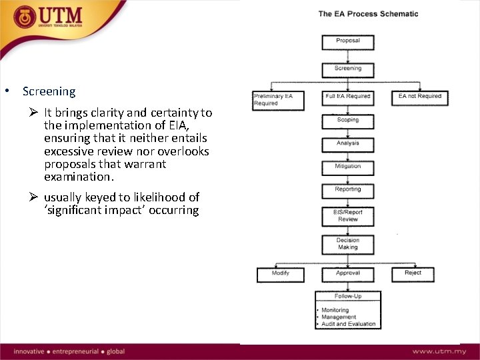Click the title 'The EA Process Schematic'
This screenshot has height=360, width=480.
click(x=368, y=13)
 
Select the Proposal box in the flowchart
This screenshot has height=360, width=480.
click(x=348, y=41)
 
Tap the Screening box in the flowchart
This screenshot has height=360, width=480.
click(x=348, y=69)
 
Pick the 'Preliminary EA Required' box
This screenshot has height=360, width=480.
click(x=277, y=99)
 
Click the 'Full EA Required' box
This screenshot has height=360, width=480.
click(x=348, y=97)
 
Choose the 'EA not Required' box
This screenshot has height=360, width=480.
click(x=420, y=97)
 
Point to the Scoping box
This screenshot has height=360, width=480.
click(x=348, y=121)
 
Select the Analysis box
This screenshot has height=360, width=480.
click(x=348, y=143)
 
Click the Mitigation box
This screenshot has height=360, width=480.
click(x=348, y=167)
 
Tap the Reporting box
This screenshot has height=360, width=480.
click(x=348, y=191)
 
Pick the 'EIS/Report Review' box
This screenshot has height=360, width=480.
click(x=348, y=216)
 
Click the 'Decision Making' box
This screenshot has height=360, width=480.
click(x=348, y=244)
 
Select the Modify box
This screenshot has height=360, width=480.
click(x=281, y=273)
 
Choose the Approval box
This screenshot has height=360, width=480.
click(x=348, y=273)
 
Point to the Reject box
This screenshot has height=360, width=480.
click(x=413, y=273)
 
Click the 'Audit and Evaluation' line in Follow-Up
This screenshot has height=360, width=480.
click(x=348, y=324)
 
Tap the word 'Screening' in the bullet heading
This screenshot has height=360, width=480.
click(x=49, y=91)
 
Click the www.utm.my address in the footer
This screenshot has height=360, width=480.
click(x=439, y=351)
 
